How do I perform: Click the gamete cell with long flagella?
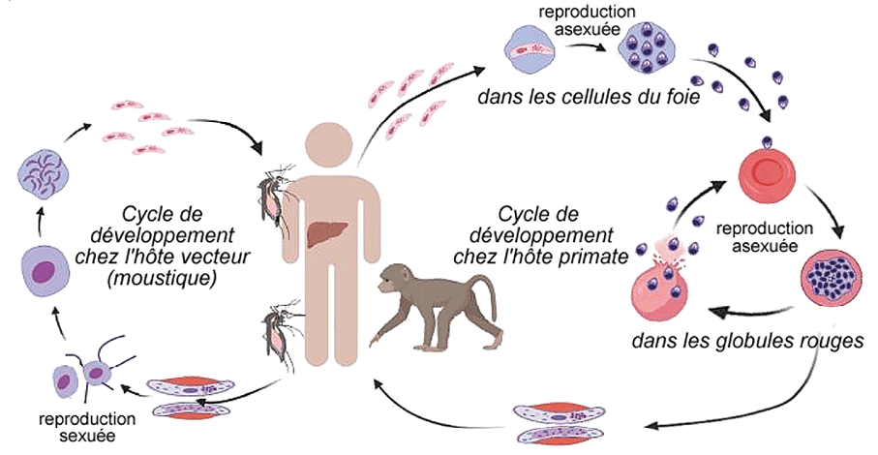98,373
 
